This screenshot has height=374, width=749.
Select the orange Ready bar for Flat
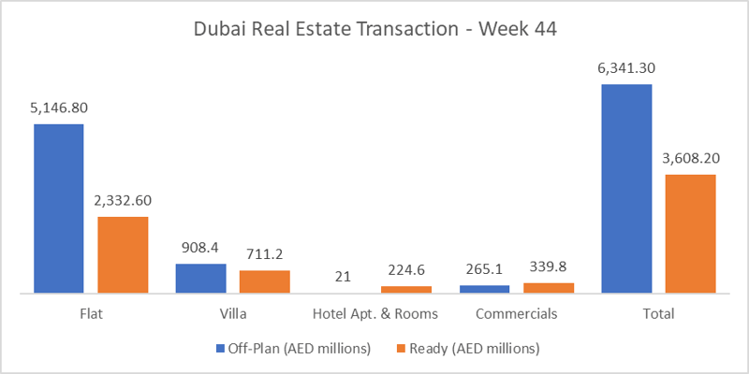(x=123, y=254)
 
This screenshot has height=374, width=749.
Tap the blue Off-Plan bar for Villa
(x=201, y=278)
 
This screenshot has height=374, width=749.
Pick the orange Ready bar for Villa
(x=264, y=281)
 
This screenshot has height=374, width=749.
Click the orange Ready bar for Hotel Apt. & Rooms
(x=406, y=289)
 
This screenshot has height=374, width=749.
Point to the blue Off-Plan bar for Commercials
(x=485, y=289)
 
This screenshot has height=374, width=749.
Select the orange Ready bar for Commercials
(x=548, y=287)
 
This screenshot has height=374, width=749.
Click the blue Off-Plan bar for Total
(x=626, y=188)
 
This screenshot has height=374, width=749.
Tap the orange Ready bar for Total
(x=690, y=233)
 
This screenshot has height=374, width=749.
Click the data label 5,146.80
(x=59, y=108)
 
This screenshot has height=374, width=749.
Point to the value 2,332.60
(x=123, y=200)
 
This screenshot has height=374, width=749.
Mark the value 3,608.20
(x=690, y=158)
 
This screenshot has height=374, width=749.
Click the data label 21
(x=343, y=276)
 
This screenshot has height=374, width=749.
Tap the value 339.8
(x=548, y=267)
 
